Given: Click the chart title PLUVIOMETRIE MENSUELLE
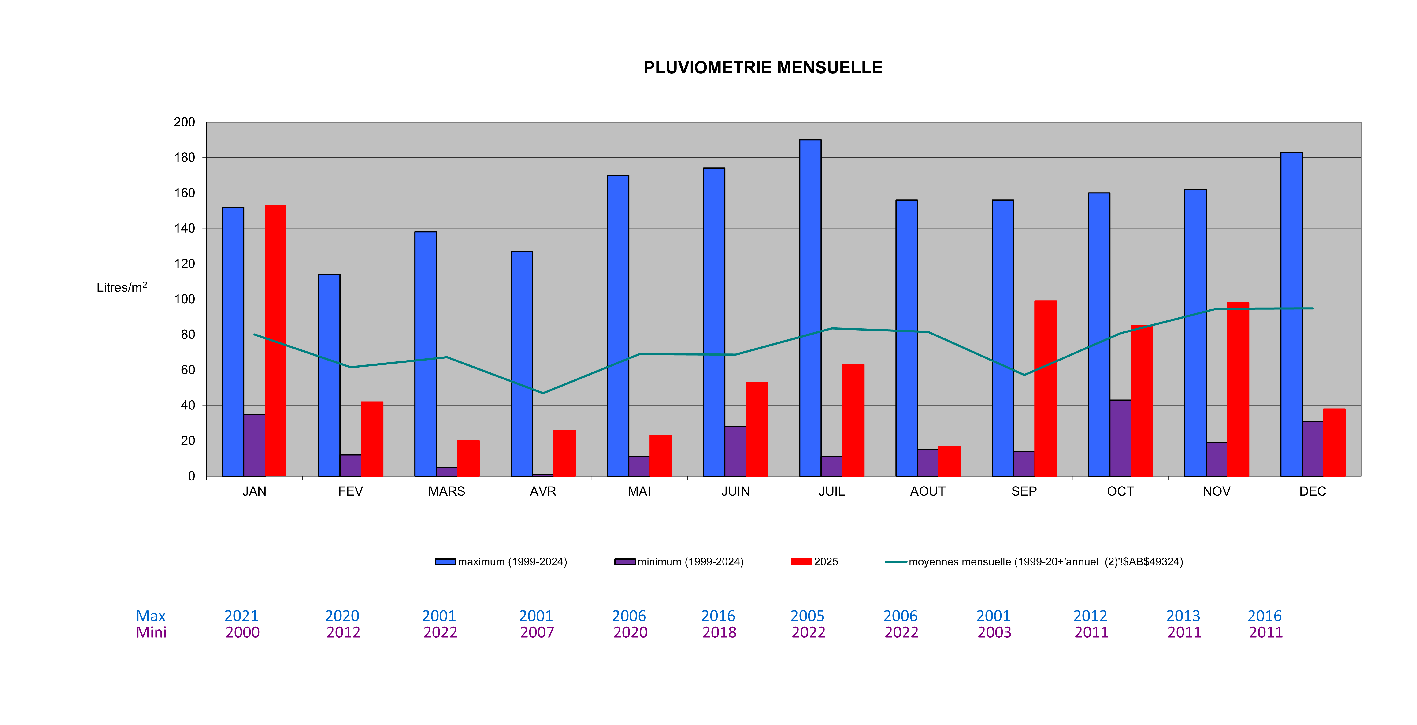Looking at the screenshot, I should [x=763, y=68].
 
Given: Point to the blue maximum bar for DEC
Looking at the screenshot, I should [x=1291, y=314].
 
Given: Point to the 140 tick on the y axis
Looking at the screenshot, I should [x=184, y=228].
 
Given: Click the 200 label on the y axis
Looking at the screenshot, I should [x=184, y=122].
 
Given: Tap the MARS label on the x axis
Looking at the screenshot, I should [x=447, y=491].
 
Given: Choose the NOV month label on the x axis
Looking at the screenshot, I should [x=1216, y=491].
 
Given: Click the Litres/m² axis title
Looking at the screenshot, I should [x=122, y=287].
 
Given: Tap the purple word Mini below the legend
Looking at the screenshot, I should [x=151, y=632].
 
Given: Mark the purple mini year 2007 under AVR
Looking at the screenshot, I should [x=537, y=632].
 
